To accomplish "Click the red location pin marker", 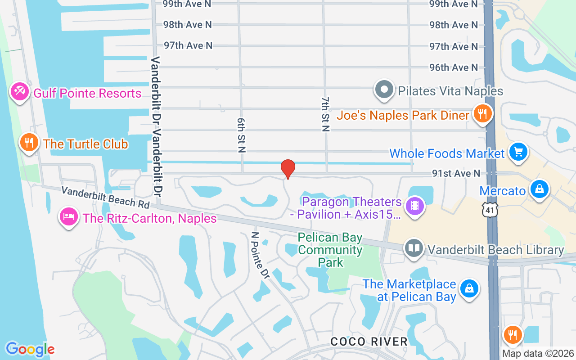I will click(288, 169).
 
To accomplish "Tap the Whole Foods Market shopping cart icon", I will click(518, 152).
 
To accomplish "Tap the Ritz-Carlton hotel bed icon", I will click(68, 217).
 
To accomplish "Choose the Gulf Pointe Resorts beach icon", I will click(19, 92).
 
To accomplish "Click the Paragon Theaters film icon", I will click(415, 207).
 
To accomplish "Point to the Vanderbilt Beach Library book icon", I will click(414, 248).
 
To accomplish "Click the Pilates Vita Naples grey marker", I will click(384, 90).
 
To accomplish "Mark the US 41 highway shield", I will click(488, 210).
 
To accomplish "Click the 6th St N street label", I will click(240, 135).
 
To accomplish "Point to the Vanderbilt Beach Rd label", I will click(106, 198).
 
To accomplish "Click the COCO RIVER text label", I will click(369, 342).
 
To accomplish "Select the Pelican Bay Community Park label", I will click(330, 250).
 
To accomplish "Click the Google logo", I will click(30, 349).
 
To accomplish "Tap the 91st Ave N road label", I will click(456, 173).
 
